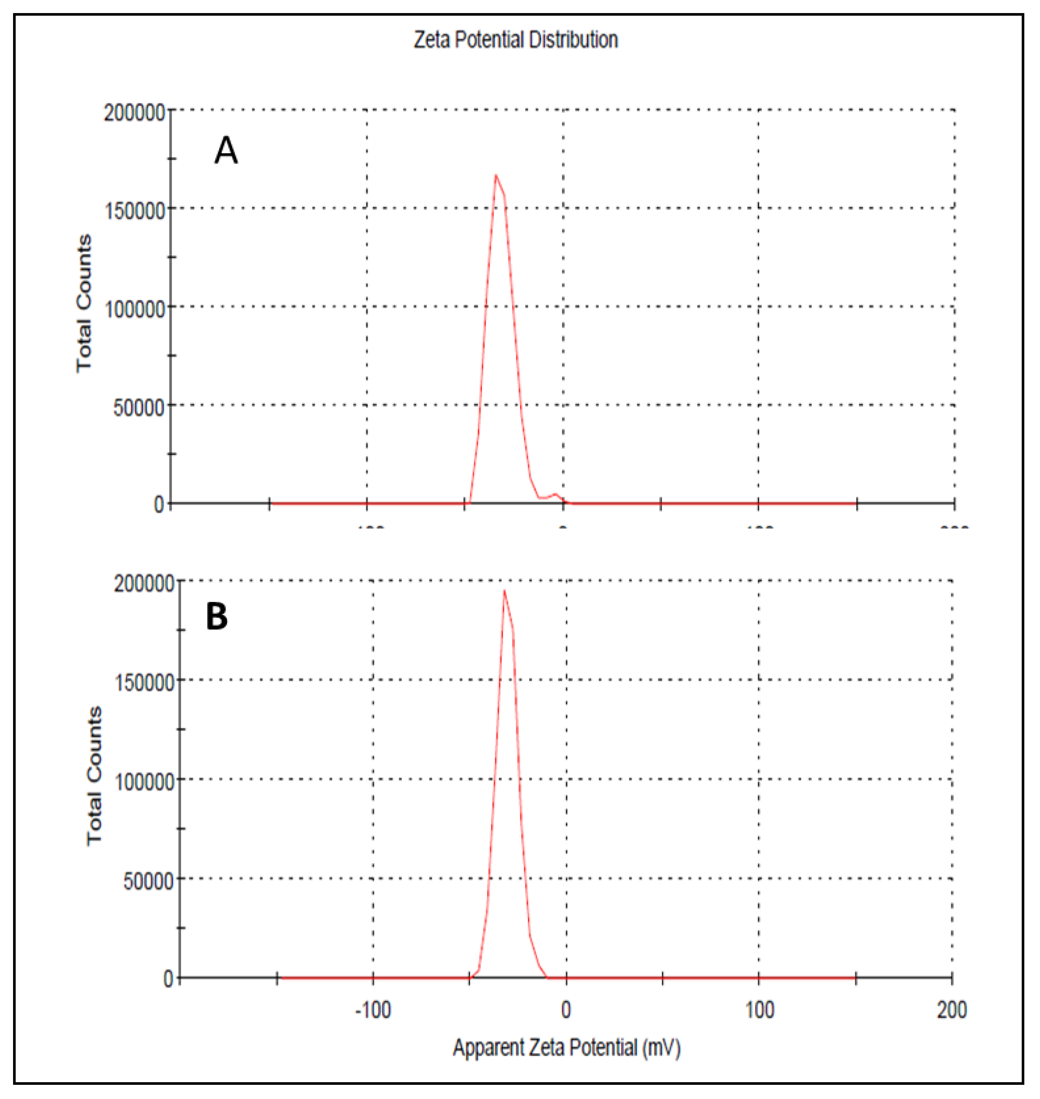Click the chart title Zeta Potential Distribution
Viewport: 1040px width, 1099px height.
[516, 40]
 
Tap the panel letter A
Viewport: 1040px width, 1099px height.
[226, 150]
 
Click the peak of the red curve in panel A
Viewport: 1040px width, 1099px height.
[496, 176]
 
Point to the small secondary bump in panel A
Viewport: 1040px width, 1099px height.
[555, 494]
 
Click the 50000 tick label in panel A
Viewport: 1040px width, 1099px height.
[139, 408]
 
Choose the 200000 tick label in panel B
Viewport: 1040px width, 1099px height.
[144, 584]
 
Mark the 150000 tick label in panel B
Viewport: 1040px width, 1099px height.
[144, 682]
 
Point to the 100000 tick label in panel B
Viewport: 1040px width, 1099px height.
[144, 782]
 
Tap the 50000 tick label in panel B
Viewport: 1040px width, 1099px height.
[149, 881]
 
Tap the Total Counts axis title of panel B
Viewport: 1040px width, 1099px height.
[94, 776]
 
